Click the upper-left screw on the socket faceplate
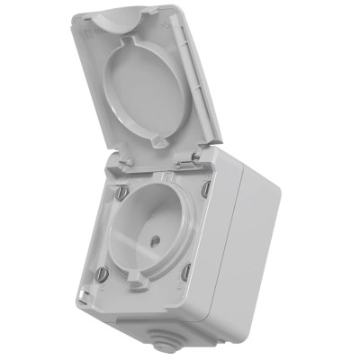coord(120,190)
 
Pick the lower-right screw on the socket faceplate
coord(186,272)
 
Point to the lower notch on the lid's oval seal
coord(155,142)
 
